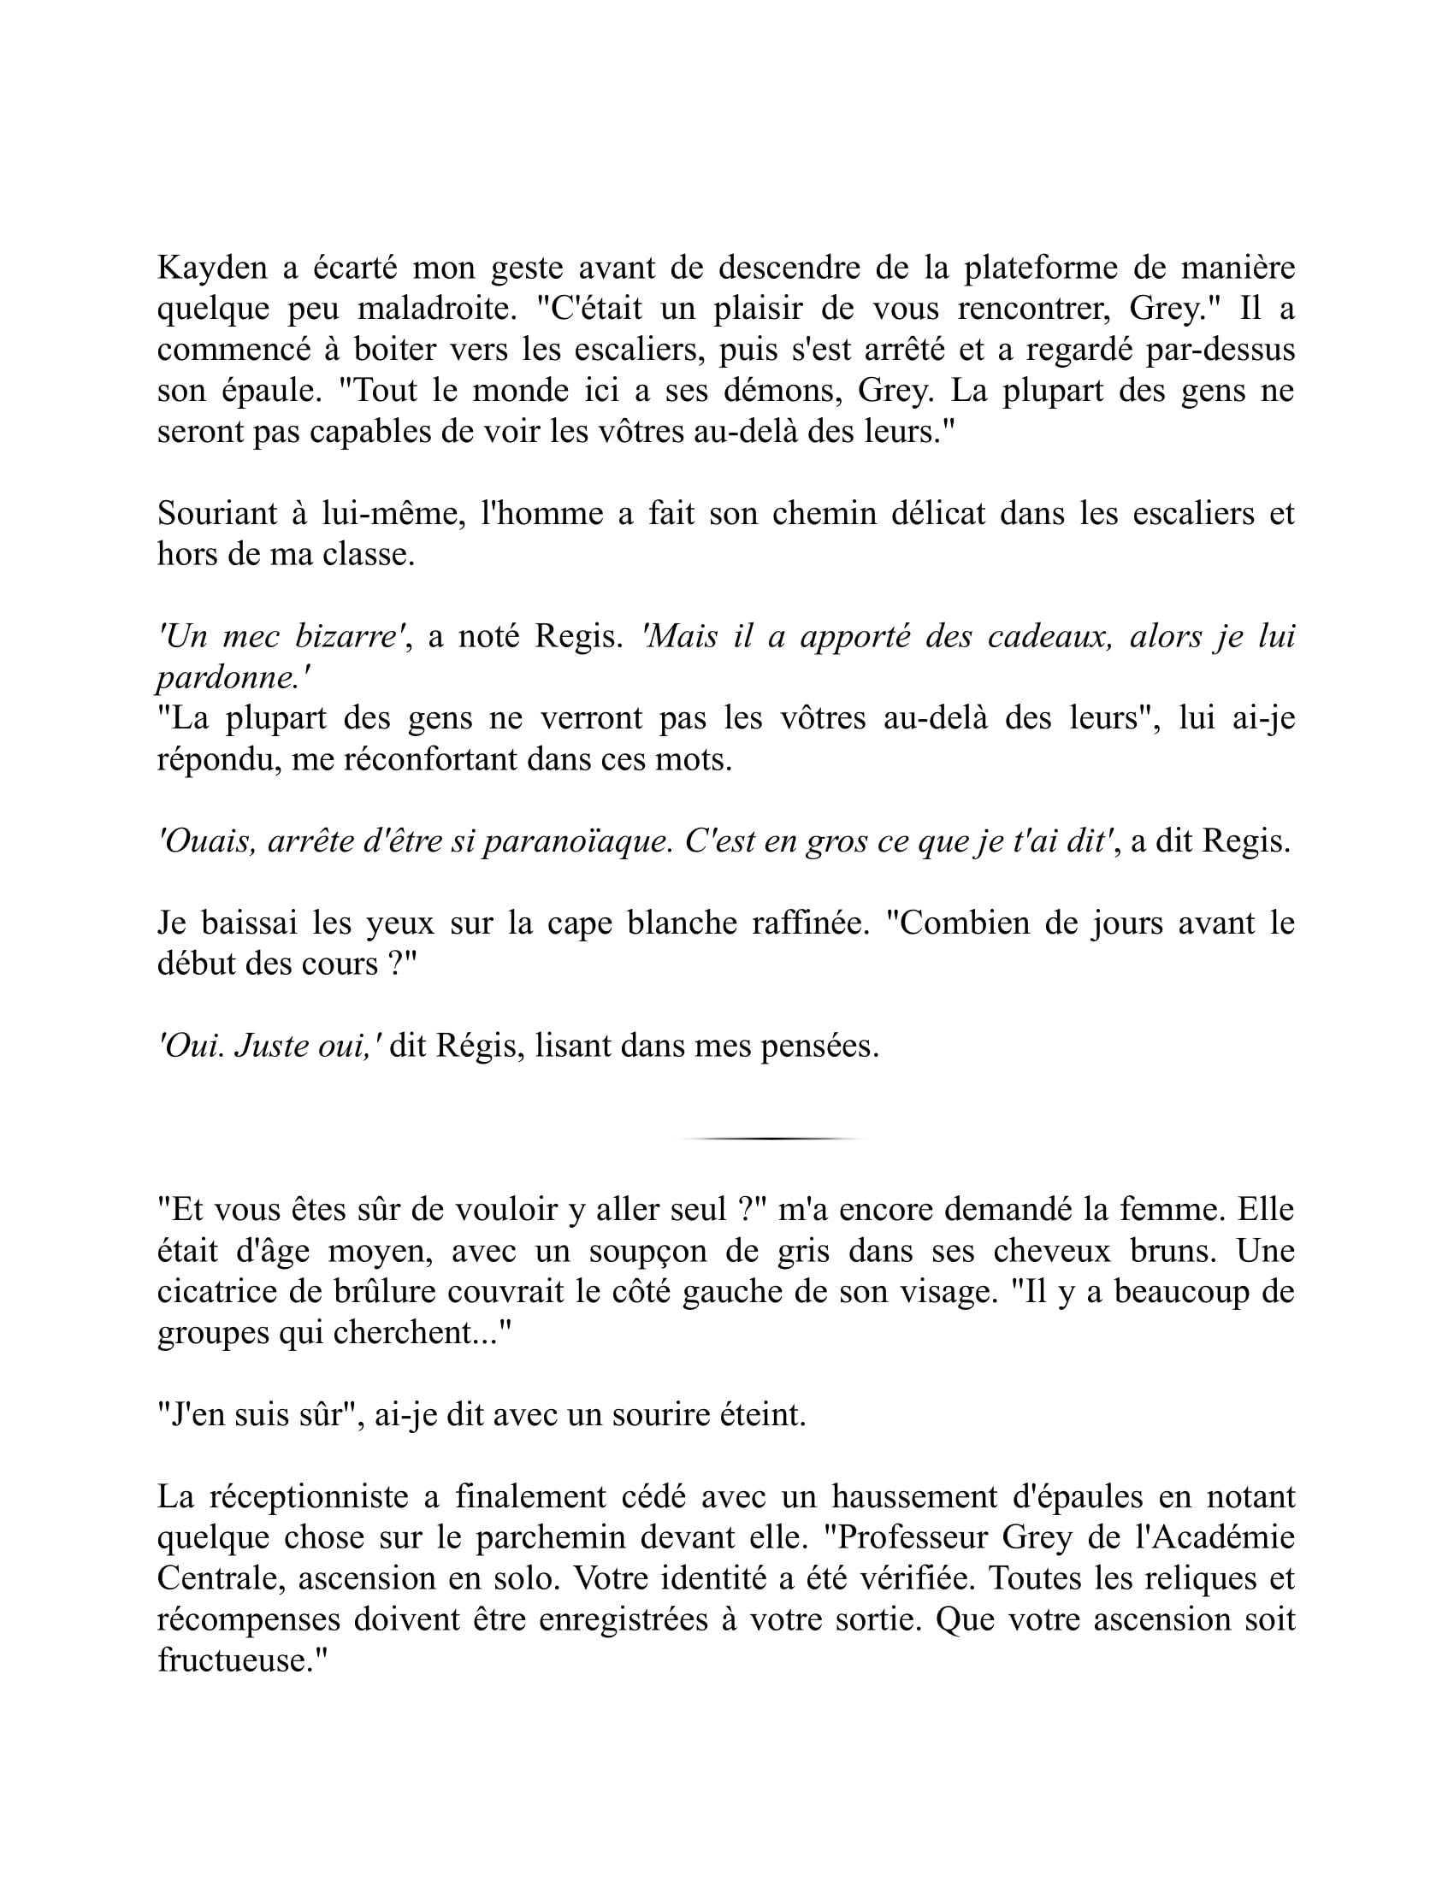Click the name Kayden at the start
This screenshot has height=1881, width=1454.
pyautogui.click(x=212, y=268)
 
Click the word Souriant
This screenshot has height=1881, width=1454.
pyautogui.click(x=216, y=513)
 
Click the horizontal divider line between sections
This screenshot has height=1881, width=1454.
pyautogui.click(x=771, y=1139)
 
